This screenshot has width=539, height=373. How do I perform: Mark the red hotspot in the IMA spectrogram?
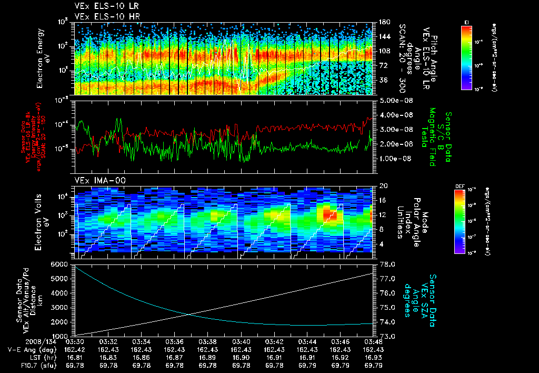330,212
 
